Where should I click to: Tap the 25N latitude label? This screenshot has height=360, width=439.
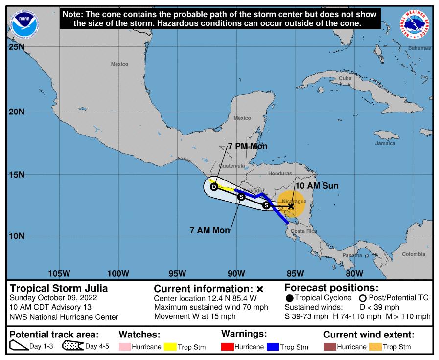tap(16, 47)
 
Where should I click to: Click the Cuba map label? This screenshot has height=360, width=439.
tap(345, 78)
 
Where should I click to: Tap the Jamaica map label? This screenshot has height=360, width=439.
tap(385, 143)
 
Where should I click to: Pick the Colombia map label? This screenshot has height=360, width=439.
tap(414, 254)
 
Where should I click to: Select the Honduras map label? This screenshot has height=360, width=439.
tap(280, 173)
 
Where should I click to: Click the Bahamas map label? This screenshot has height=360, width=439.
tap(420, 48)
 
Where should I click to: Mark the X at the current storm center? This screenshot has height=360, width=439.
tap(291, 206)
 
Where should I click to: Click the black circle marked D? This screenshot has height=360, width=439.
tap(214, 186)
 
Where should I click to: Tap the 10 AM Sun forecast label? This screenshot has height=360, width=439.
tap(317, 186)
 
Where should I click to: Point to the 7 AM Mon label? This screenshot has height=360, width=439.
tap(209, 230)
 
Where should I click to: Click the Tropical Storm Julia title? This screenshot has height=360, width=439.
tap(59, 288)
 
